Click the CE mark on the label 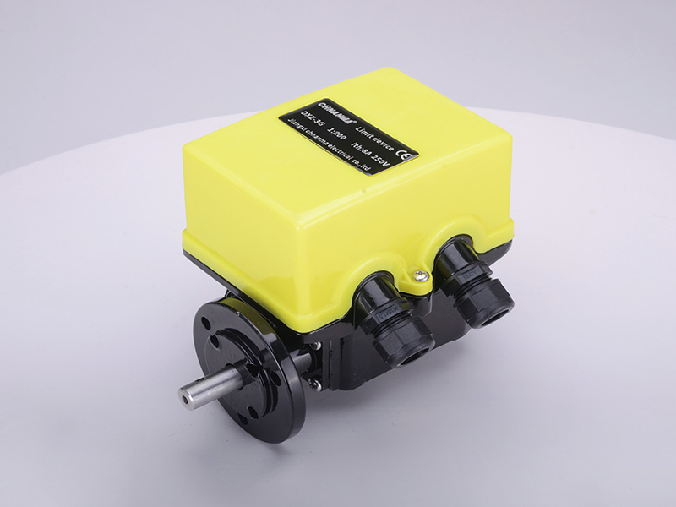tap(407, 155)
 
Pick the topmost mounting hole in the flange tap(226, 320)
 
